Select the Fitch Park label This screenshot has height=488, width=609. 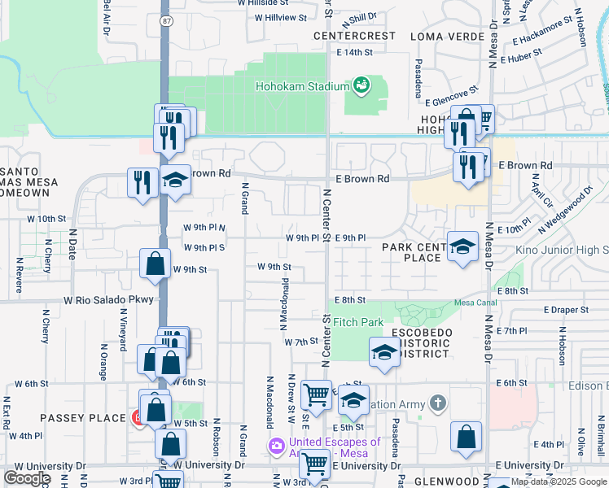tap(357, 323)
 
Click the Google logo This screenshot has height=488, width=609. tap(27, 478)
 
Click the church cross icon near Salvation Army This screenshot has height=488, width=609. tap(438, 403)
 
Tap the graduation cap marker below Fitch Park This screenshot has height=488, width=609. tap(384, 353)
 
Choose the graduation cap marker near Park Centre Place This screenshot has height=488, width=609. tap(462, 246)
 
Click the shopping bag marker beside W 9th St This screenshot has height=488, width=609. tap(155, 264)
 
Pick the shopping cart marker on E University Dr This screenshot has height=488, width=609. tap(314, 465)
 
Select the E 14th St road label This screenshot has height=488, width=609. tap(354, 52)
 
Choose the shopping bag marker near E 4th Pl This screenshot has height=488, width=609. tap(465, 437)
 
